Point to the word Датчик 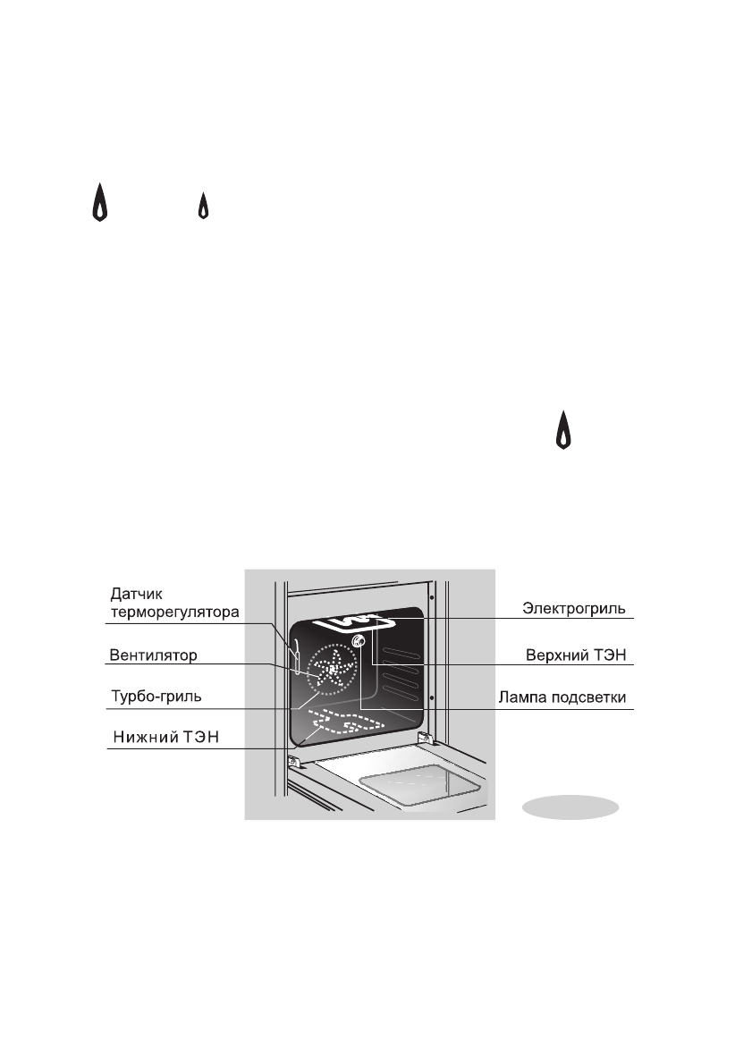point(137,593)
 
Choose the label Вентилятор point(153,655)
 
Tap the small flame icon point(203,206)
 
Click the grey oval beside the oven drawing point(571,806)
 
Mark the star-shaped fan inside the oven point(333,670)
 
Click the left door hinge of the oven point(292,761)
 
